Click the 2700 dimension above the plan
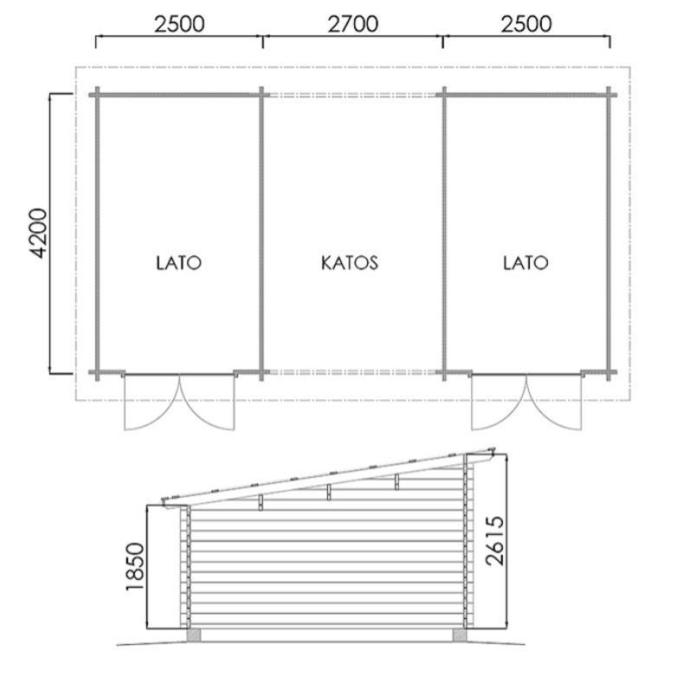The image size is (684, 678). pos(352,24)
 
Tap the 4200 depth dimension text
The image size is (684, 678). pos(38,234)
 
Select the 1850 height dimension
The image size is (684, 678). pos(135,567)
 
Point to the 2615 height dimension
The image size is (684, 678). pos(494,541)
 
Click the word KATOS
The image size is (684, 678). pos(350,262)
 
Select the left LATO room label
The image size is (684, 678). pos(179,262)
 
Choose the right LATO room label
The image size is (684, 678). pos(526,262)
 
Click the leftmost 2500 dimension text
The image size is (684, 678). pos(179,24)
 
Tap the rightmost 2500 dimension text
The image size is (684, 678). pos(526,24)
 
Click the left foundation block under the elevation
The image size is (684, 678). pos(193,635)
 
